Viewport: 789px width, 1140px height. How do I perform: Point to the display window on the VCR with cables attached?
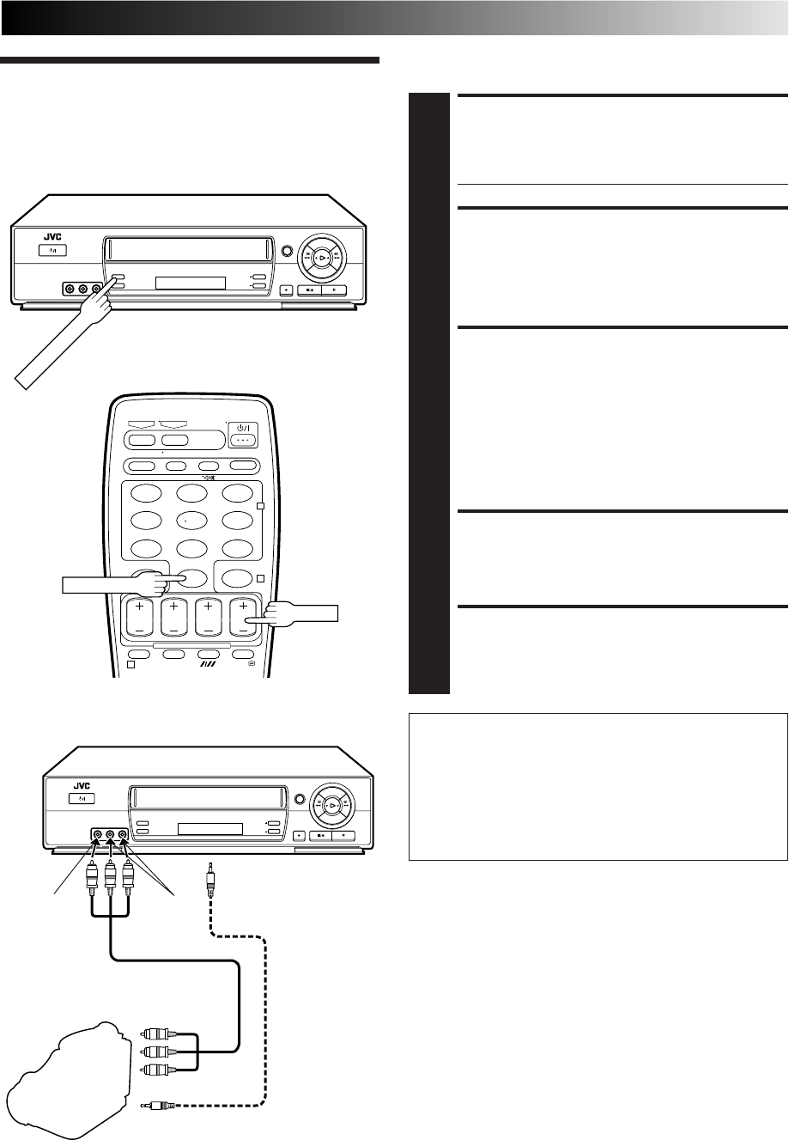point(210,830)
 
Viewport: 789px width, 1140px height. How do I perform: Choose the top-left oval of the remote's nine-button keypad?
point(147,493)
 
